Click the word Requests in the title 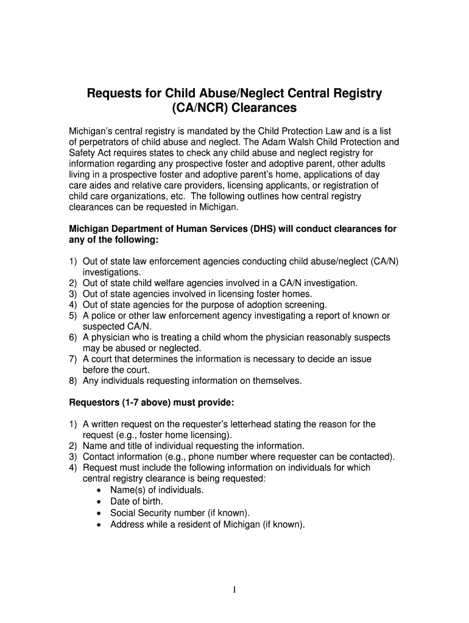[116, 93]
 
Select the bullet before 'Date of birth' [99, 502]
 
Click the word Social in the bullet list [123, 513]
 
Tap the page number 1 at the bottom [234, 590]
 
